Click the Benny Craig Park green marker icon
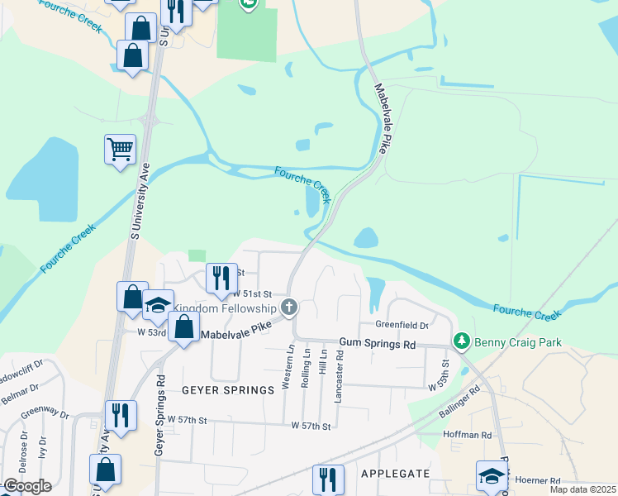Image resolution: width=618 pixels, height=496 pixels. (x=461, y=341)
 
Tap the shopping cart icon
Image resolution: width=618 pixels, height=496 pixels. (x=120, y=150)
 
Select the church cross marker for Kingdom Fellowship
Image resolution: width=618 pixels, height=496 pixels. (x=288, y=308)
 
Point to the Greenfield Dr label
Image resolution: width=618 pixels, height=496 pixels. (x=401, y=325)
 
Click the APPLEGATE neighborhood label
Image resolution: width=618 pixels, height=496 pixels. (x=395, y=473)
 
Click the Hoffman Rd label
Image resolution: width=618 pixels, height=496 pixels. (x=467, y=435)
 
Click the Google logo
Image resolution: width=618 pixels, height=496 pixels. (x=26, y=486)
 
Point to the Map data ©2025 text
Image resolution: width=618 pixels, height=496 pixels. (x=582, y=489)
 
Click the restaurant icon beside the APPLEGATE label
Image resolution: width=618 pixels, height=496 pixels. (x=328, y=479)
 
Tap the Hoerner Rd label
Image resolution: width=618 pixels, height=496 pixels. (x=538, y=479)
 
